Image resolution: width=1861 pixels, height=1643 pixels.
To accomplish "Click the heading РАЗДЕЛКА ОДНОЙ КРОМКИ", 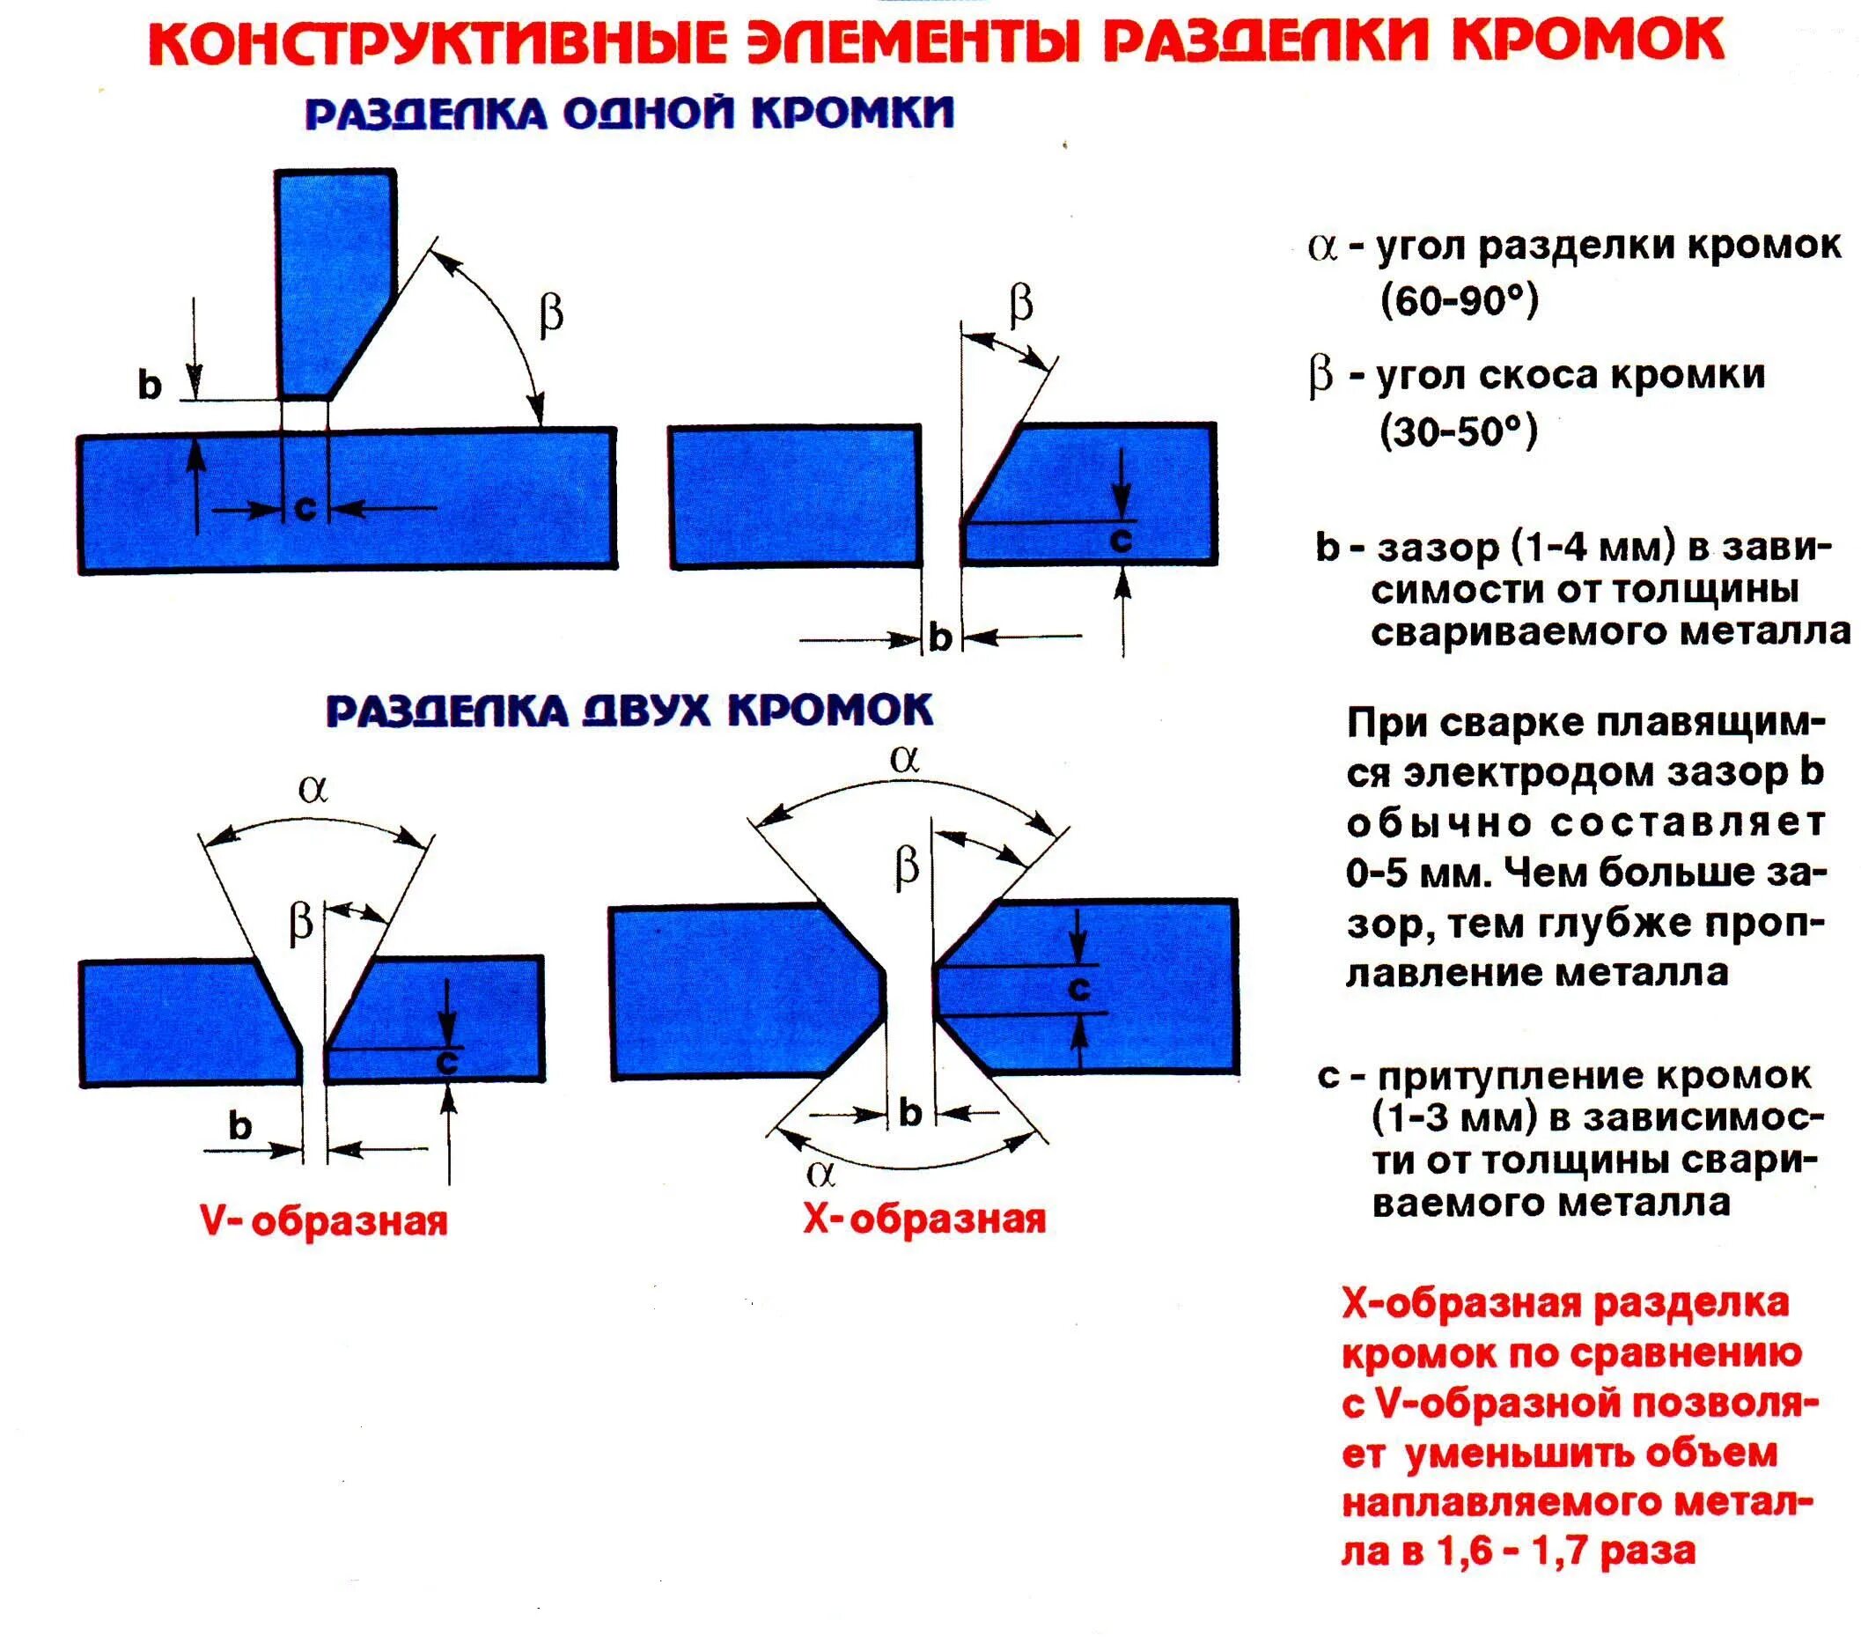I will [x=629, y=114].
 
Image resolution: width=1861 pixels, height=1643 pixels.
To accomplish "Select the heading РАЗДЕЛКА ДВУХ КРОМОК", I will [x=629, y=711].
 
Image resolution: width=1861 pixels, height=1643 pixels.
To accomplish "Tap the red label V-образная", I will [x=324, y=1220].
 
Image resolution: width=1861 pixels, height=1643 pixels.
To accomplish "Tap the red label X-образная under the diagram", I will [x=924, y=1219].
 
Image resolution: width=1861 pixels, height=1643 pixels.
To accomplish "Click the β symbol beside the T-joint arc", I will [x=551, y=315].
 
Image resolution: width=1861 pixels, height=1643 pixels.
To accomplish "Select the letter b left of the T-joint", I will [x=150, y=386].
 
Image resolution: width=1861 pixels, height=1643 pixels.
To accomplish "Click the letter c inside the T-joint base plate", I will [x=305, y=507].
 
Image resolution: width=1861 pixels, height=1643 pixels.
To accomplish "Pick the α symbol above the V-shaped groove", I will [x=313, y=789].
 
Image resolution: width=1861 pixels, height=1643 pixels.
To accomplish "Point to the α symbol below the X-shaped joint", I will [x=820, y=1174].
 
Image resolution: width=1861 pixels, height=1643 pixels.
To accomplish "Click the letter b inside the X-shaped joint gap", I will [x=909, y=1112].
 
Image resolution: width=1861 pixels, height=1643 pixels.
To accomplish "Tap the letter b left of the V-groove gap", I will [x=239, y=1127].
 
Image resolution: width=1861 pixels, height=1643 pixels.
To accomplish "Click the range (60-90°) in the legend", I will [x=1459, y=299].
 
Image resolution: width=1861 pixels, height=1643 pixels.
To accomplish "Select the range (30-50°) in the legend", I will [x=1459, y=431].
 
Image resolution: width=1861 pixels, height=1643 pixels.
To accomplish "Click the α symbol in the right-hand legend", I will [x=1321, y=247].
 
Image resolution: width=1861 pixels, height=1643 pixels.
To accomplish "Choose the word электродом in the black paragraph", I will [x=1534, y=773].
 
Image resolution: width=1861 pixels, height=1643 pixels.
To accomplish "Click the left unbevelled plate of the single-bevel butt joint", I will [x=796, y=497].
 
